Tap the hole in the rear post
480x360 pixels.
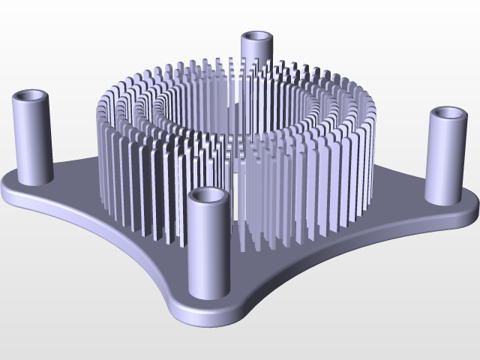[x=257, y=36]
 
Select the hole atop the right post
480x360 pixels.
[x=448, y=114]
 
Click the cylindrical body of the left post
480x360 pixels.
[x=31, y=139]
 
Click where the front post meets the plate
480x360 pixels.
[x=209, y=294]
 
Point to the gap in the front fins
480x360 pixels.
[x=235, y=217]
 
